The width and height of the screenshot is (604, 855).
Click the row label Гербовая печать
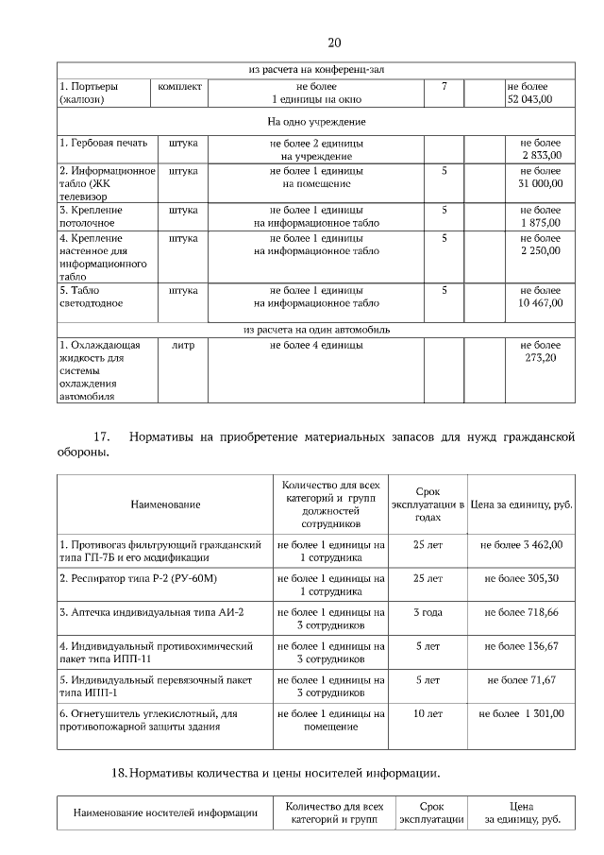(103, 143)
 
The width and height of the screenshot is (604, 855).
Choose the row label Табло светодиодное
(92, 297)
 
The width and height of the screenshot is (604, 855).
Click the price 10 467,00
(540, 303)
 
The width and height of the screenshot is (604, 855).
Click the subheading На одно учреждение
(316, 122)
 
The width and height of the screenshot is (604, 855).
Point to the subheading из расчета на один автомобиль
(316, 330)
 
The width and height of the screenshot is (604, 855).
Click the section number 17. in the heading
(101, 436)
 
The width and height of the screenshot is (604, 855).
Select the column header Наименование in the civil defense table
(165, 504)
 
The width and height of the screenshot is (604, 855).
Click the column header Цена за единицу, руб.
(522, 504)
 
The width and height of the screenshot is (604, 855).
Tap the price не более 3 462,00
(522, 545)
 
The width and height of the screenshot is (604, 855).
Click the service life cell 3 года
(428, 612)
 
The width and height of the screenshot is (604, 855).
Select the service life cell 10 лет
(428, 713)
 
